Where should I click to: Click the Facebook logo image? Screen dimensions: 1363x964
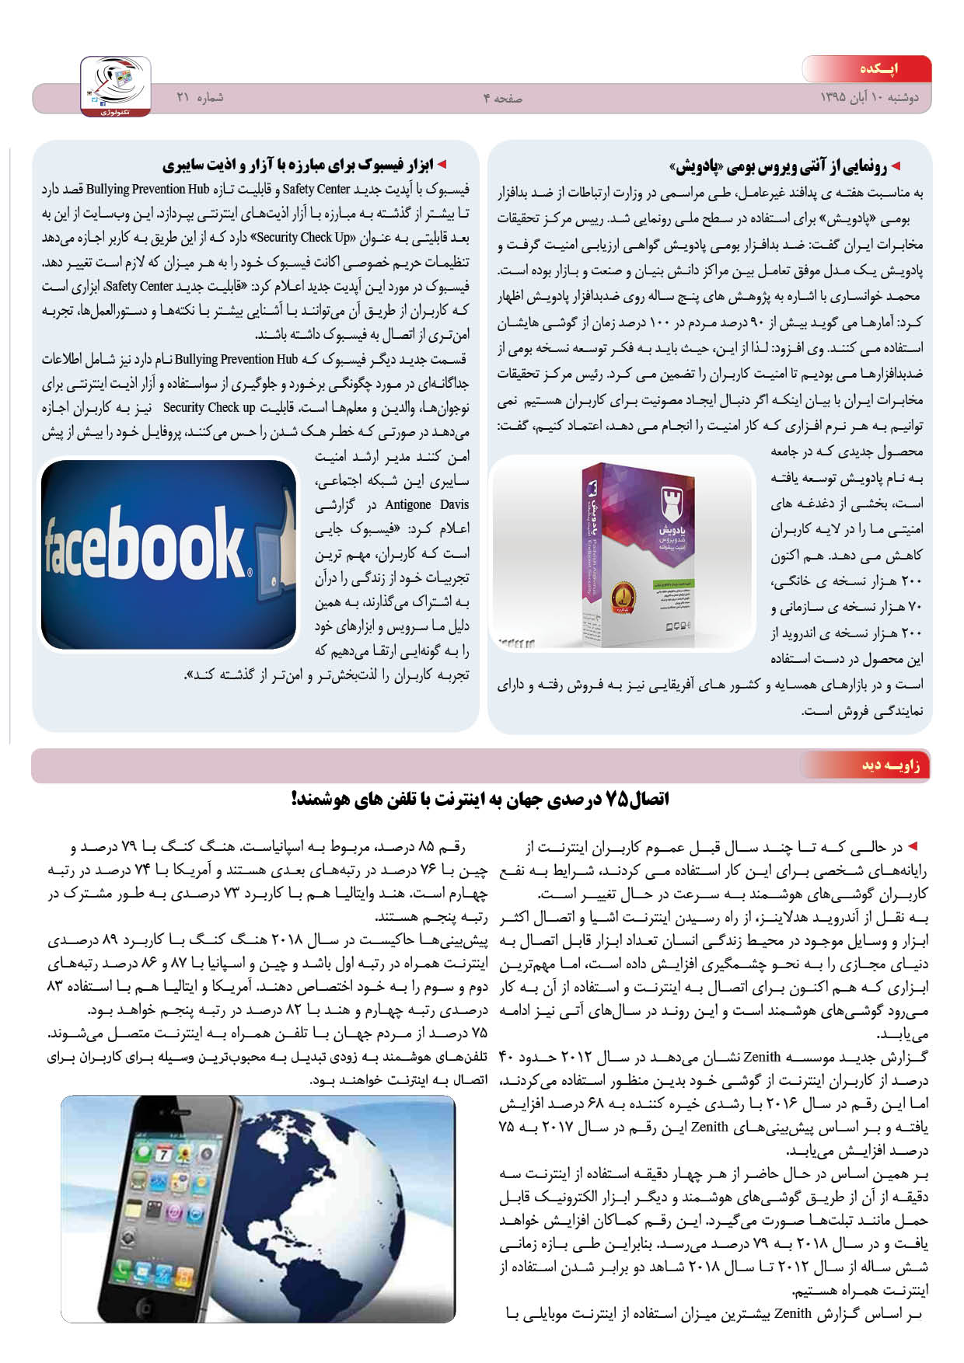148,544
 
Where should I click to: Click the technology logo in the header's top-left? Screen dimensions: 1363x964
116,86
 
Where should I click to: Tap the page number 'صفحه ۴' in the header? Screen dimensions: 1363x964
502,99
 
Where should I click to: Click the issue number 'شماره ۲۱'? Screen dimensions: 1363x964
200,98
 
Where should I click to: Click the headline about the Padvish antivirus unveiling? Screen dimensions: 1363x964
777,166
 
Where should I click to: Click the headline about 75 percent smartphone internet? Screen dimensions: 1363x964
480,800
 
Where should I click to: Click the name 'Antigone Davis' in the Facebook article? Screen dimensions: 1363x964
427,505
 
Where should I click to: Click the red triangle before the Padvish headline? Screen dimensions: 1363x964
895,166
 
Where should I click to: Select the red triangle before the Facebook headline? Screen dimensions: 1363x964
442,165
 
